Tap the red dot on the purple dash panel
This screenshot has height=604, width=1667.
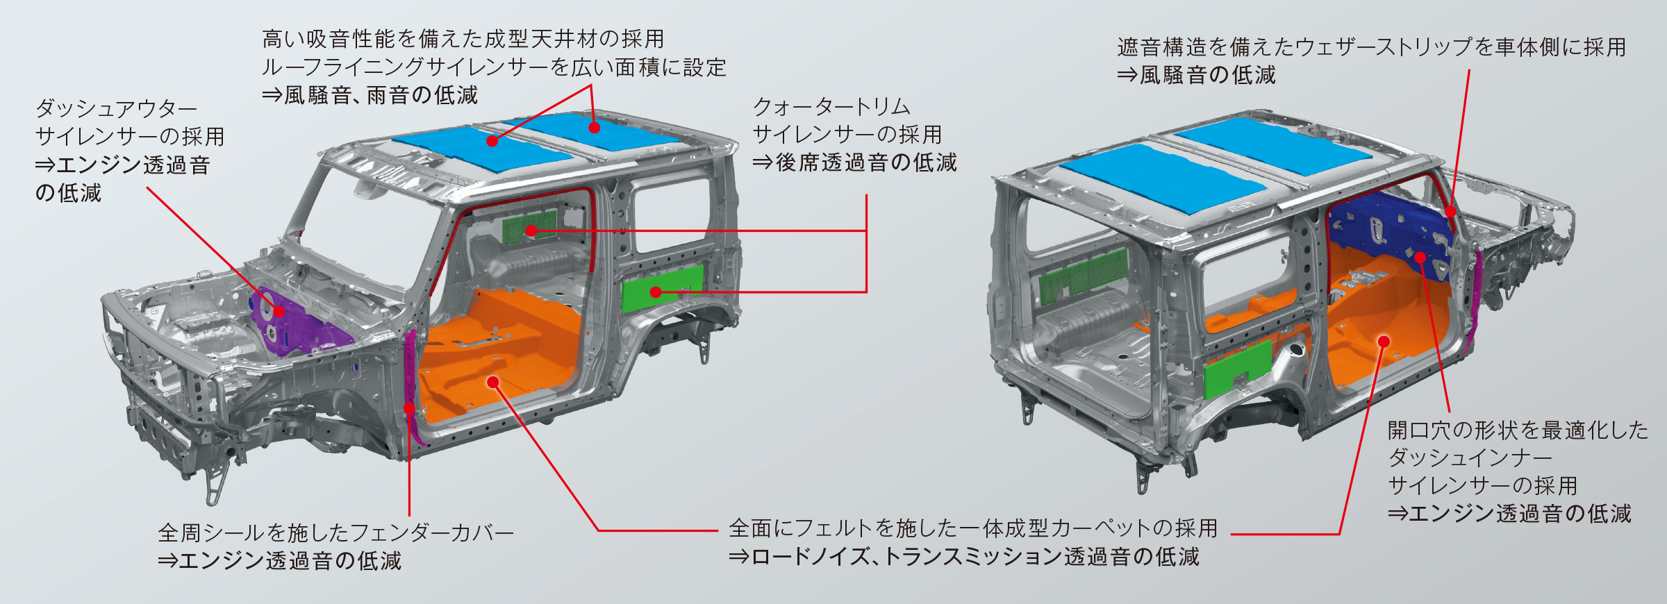[x=279, y=312]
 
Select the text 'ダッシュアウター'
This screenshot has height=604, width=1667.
[x=117, y=108]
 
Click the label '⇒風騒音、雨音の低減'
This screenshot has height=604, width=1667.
[x=370, y=95]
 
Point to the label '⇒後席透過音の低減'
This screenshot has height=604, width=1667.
[x=854, y=162]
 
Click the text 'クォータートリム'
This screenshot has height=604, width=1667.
[x=831, y=107]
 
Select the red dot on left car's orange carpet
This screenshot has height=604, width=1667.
[x=493, y=382]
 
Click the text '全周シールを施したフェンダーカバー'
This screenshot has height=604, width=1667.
[x=335, y=532]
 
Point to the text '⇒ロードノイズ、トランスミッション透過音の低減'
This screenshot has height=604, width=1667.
[x=964, y=557]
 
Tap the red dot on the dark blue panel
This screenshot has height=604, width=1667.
[x=1420, y=258]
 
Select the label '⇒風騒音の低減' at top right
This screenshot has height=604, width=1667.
[x=1196, y=75]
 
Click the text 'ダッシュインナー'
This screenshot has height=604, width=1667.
[x=1470, y=458]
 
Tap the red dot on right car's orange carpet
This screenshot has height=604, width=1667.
[x=1384, y=342]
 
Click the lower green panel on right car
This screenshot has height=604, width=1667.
[x=1236, y=368]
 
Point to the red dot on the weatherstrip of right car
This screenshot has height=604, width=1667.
[x=1450, y=211]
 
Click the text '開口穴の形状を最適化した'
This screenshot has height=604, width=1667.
[x=1518, y=430]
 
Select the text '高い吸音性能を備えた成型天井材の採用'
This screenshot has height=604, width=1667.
[x=463, y=39]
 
